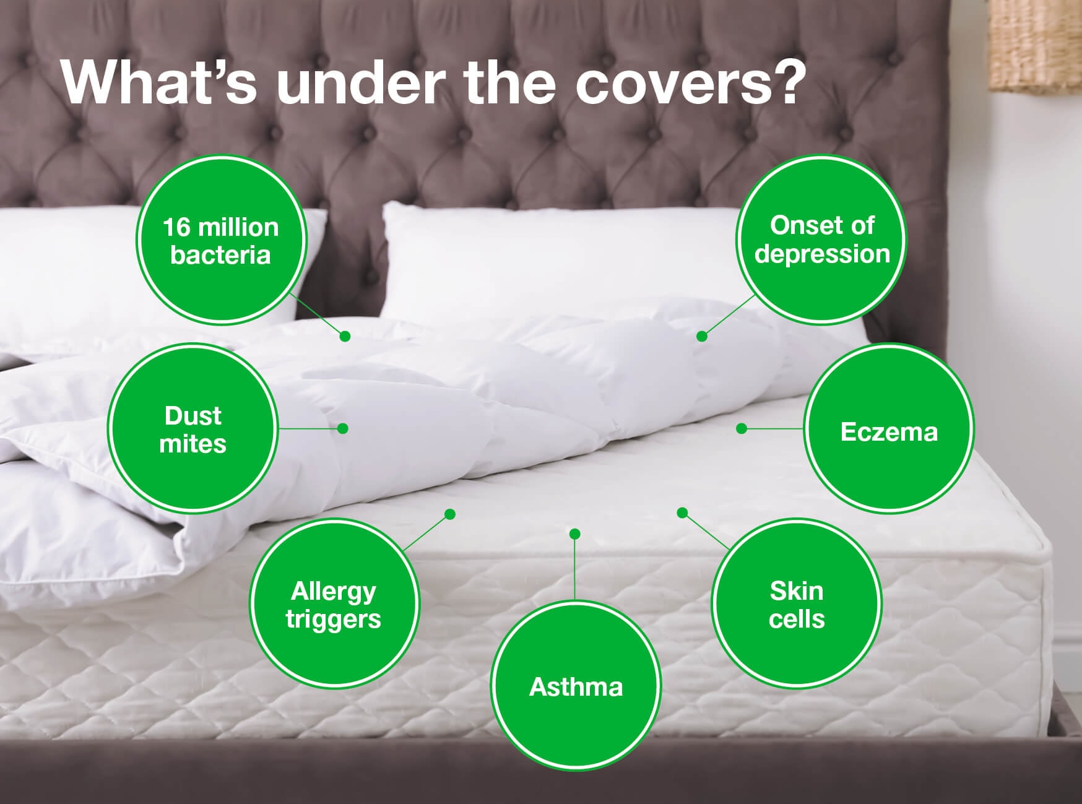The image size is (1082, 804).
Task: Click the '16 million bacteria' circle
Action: pos(221,240)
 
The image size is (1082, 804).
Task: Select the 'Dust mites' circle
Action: pos(193,428)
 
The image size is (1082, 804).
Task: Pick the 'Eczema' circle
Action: pos(889,428)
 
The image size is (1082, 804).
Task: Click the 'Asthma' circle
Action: pos(576,686)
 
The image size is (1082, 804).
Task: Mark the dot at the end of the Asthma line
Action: pos(574,534)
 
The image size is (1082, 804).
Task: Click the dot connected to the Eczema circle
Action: pos(742,428)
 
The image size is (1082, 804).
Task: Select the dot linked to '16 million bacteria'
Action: pos(345,336)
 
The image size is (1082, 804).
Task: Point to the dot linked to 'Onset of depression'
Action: pos(701,336)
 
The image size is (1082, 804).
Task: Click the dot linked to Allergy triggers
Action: pos(450,514)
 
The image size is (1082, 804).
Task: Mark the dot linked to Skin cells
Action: pos(682,512)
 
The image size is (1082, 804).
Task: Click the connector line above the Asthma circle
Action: pos(574,567)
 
